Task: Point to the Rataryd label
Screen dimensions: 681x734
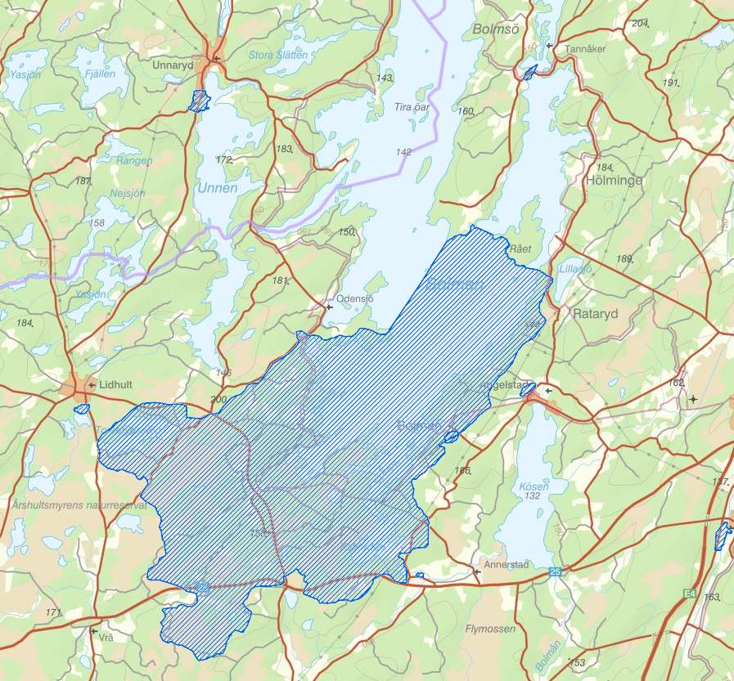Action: (596, 313)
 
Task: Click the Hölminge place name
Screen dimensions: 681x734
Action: (615, 181)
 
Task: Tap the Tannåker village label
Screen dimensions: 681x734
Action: (585, 49)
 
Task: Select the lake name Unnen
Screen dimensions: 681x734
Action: (217, 188)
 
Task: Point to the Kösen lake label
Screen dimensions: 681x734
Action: (534, 486)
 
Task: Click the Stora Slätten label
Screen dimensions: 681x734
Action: (278, 55)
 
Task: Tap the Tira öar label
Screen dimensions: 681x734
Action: (412, 107)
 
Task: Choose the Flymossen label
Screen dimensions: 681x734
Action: (490, 629)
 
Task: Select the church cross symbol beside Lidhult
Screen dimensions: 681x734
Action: (91, 385)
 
